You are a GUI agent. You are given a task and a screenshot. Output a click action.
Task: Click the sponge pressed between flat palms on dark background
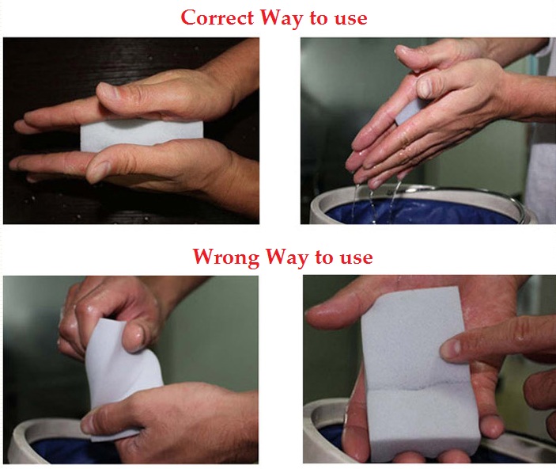127,135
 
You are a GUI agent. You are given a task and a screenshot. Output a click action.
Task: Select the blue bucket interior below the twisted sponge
55,450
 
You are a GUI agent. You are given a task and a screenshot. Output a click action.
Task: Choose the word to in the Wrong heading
326,258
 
